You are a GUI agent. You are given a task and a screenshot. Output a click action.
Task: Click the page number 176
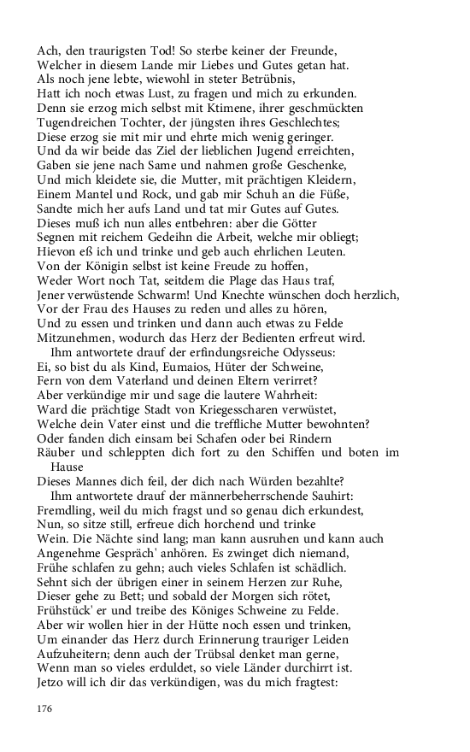click(45, 708)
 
